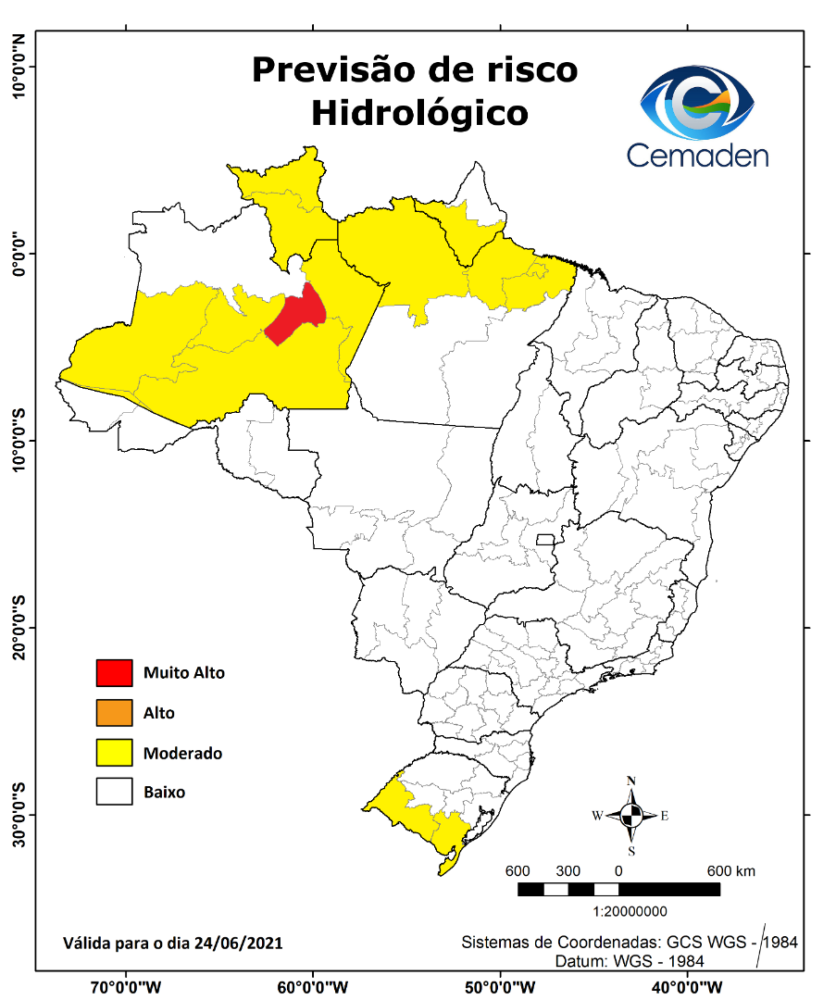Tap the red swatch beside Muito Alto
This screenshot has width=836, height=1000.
[114, 673]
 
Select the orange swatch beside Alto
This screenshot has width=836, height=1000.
[114, 713]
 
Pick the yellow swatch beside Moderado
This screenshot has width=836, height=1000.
[114, 753]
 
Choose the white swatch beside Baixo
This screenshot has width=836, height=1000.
[114, 793]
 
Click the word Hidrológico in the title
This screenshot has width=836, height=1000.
[419, 112]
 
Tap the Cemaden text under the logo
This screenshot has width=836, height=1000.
[697, 154]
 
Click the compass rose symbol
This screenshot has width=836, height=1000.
[631, 816]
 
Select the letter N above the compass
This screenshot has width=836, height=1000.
[631, 781]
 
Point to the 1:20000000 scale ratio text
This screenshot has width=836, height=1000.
[618, 911]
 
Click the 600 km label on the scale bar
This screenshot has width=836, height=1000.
[731, 871]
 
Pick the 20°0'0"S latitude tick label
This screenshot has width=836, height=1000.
[19, 627]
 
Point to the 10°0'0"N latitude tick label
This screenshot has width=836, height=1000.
[19, 67]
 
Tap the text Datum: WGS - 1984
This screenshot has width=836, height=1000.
[630, 961]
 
